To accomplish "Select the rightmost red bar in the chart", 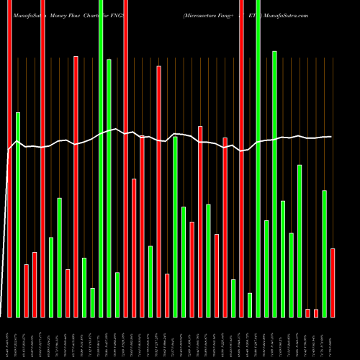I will tap(333, 282).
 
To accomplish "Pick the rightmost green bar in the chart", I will tap(324, 253).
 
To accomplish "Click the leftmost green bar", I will tap(18, 215).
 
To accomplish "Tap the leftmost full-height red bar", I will tap(9, 158).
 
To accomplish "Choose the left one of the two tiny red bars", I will tap(307, 312).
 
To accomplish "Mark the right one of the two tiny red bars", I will tap(316, 312).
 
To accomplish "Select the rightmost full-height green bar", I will tap(258, 158).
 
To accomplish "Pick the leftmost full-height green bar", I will tap(101, 158).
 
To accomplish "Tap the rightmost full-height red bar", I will tap(241, 158).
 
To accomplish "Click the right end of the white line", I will tap(332, 137).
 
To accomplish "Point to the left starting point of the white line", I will tap(8, 150).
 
